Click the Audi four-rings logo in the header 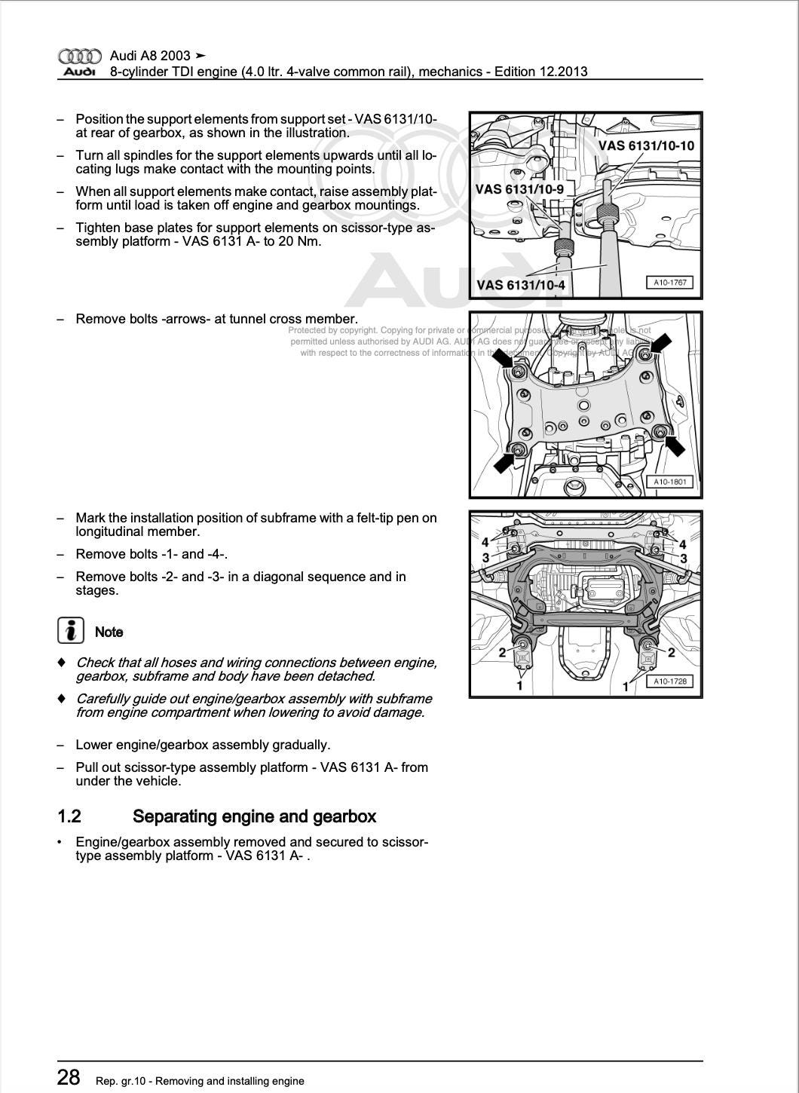79,57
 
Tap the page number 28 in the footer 69,1077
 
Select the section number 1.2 69,816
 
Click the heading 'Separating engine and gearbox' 254,816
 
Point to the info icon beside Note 71,630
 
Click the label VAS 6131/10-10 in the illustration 646,145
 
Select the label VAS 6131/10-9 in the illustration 519,189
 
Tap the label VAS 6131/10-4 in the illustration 521,285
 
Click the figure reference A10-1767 669,283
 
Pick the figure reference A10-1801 669,482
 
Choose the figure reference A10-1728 669,681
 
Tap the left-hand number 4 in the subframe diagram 485,542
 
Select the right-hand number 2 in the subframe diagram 672,653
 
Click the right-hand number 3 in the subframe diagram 684,559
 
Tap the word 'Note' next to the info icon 109,632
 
